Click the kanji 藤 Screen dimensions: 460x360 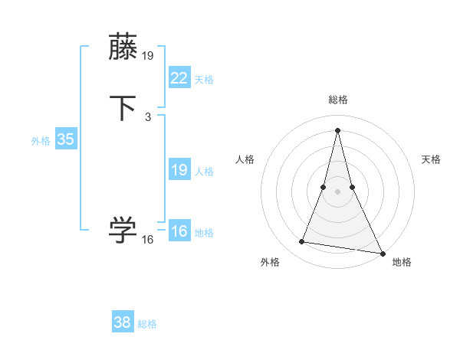click(123, 47)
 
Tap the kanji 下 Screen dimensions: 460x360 click(123, 108)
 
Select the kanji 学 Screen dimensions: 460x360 click(123, 230)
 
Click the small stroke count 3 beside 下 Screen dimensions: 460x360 click(147, 117)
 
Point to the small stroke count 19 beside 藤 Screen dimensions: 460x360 click(148, 56)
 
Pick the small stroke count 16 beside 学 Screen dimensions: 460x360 click(147, 240)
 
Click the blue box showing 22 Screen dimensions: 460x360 click(179, 77)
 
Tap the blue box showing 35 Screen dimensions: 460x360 click(65, 139)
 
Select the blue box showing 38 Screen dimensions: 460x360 click(122, 322)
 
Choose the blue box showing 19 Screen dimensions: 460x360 click(179, 170)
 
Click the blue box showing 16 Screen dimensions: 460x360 click(179, 231)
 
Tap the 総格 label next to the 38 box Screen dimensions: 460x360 click(147, 324)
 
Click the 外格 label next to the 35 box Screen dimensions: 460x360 click(41, 141)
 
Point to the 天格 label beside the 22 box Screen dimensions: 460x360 click(204, 80)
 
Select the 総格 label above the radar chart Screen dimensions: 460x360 click(338, 100)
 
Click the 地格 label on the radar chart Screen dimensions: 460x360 click(402, 262)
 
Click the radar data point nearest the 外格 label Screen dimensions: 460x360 click(302, 242)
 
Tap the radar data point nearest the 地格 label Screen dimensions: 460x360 click(383, 252)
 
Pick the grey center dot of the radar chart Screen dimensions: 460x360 click(338, 191)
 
